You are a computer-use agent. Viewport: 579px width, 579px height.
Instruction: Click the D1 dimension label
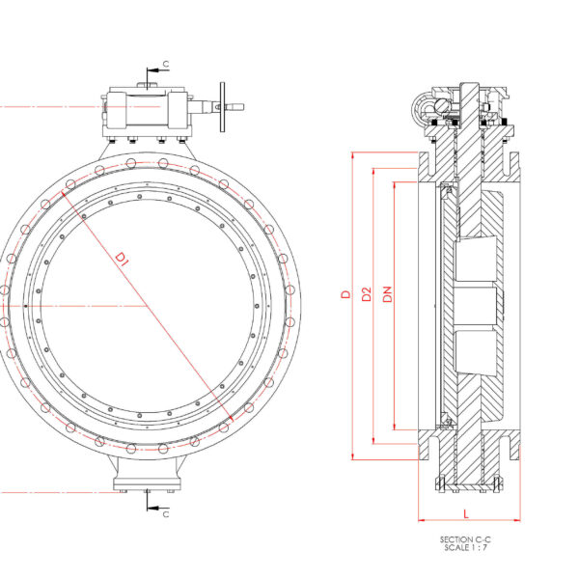[x=123, y=258]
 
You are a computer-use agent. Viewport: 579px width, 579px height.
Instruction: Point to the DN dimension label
[x=387, y=293]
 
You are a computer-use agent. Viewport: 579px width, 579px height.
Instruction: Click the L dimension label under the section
[x=465, y=513]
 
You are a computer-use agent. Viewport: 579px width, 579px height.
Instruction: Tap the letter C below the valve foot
[x=165, y=514]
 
